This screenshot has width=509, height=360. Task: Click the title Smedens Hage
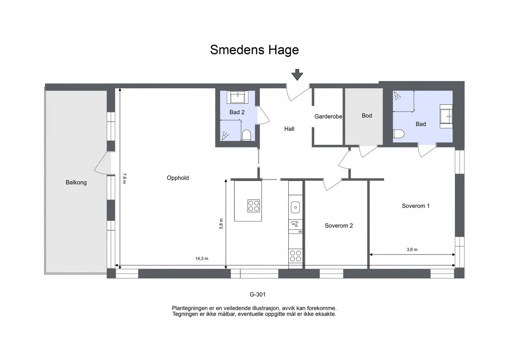point(254,50)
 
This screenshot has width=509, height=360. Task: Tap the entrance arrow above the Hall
point(297,75)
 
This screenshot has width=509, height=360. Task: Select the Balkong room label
point(76,182)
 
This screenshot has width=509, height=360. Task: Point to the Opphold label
point(178,178)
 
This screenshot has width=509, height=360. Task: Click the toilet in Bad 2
point(246,135)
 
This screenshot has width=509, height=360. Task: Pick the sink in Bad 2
point(237,97)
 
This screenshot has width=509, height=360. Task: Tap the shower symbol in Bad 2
point(225,136)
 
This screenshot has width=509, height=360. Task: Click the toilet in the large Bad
point(399,134)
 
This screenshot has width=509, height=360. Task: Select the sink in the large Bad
point(446,116)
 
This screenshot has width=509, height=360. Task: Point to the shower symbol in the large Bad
point(397,96)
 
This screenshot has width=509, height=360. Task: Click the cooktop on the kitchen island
point(254,206)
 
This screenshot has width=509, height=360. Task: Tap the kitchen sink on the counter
point(296,207)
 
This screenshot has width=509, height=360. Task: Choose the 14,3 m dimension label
point(202,259)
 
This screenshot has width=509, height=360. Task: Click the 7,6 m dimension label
point(124,178)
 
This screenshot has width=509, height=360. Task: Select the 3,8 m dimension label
point(221,224)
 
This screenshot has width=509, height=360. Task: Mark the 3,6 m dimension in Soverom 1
point(412,249)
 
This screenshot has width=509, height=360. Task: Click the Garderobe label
point(328,116)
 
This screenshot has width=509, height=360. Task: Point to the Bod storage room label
point(367,116)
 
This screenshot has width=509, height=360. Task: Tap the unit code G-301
point(258,294)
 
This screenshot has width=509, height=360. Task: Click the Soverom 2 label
point(339,225)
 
